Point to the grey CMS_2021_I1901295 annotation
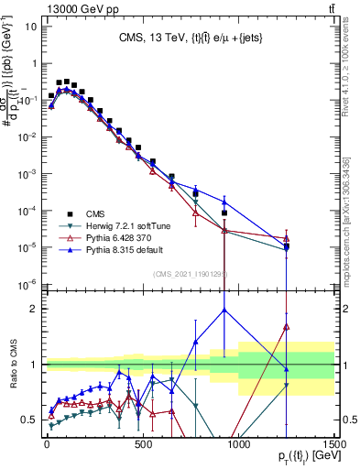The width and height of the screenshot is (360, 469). click(190, 274)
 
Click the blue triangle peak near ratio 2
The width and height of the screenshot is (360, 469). click(224, 310)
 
